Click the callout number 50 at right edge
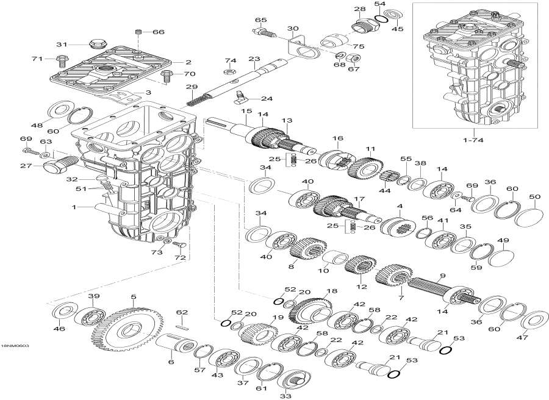point(534,196)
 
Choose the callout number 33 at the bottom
point(285,395)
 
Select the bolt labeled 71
point(61,60)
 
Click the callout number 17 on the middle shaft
point(359,199)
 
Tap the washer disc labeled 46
point(62,312)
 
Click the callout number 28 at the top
point(360,9)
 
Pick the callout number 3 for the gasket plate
point(148,92)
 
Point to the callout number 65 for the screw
point(261,21)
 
